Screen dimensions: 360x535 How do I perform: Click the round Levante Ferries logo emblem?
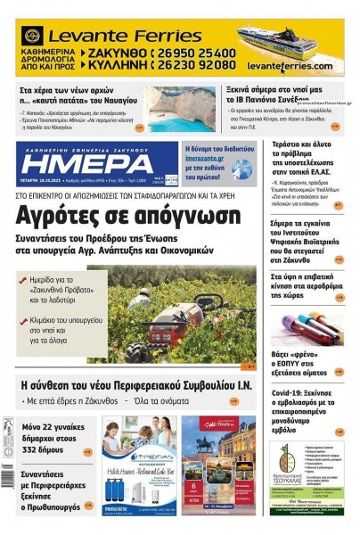point(33,37)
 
